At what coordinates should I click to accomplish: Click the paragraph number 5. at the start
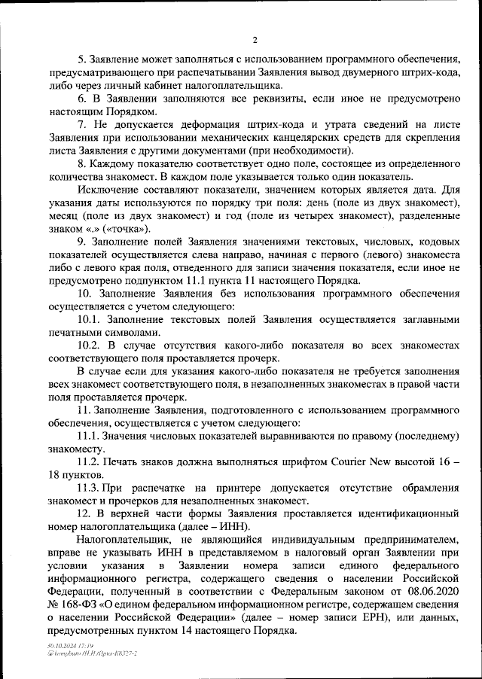pos(82,59)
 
